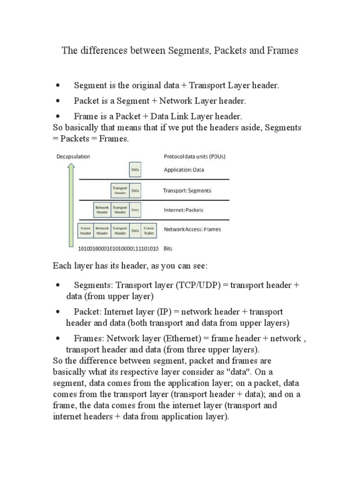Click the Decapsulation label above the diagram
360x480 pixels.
[73, 157]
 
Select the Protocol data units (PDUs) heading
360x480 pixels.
[196, 157]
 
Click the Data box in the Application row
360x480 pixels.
[135, 170]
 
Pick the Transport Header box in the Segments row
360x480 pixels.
[120, 190]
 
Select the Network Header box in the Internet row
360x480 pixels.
[102, 210]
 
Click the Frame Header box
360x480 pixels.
[86, 230]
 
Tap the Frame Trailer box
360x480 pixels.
[149, 230]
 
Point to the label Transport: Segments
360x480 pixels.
[187, 191]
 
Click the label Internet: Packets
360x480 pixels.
[183, 210]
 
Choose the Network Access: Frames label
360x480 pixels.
[192, 230]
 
